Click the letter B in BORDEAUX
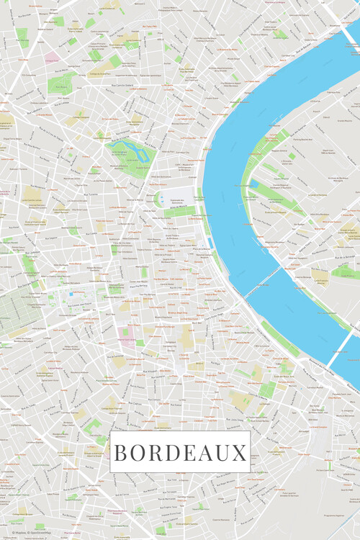tap(121, 453)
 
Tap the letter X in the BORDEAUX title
tap(240, 453)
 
